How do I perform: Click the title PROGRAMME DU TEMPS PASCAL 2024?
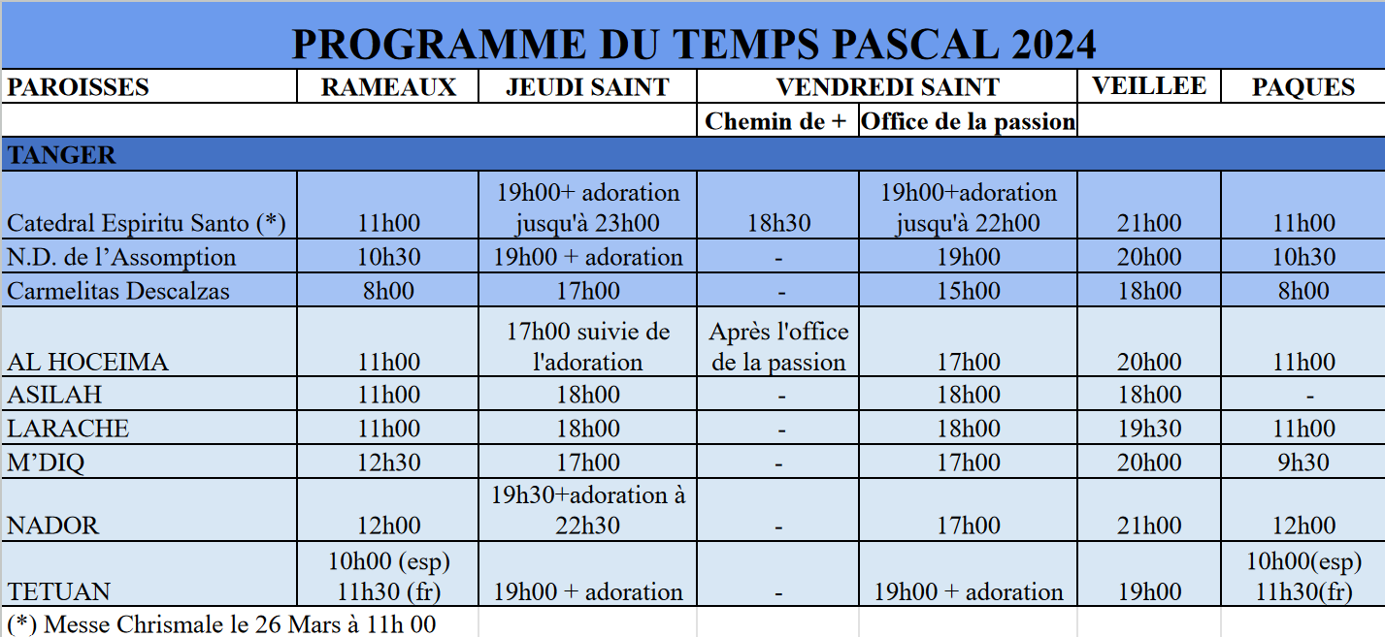pyautogui.click(x=693, y=45)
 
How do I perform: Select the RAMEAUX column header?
pyautogui.click(x=388, y=87)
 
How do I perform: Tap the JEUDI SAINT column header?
pyautogui.click(x=587, y=87)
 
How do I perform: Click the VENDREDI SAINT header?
pyautogui.click(x=887, y=87)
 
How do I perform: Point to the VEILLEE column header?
pyautogui.click(x=1149, y=85)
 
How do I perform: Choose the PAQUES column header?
pyautogui.click(x=1303, y=87)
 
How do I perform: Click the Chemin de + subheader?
pyautogui.click(x=776, y=121)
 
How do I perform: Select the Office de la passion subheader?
pyautogui.click(x=968, y=121)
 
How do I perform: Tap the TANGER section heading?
pyautogui.click(x=61, y=155)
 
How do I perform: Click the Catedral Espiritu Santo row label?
pyautogui.click(x=147, y=223)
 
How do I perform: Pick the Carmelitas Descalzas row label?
pyautogui.click(x=118, y=291)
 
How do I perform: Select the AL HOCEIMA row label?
pyautogui.click(x=87, y=363)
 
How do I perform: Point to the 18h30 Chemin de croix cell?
pyautogui.click(x=778, y=223)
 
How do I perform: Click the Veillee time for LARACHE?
pyautogui.click(x=1149, y=429)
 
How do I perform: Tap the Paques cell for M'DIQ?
pyautogui.click(x=1303, y=462)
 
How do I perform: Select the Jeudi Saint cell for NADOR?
pyautogui.click(x=587, y=510)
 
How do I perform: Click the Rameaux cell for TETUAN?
pyautogui.click(x=388, y=576)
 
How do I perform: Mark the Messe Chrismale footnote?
pyautogui.click(x=221, y=623)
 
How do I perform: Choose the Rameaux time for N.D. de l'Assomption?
pyautogui.click(x=388, y=257)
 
